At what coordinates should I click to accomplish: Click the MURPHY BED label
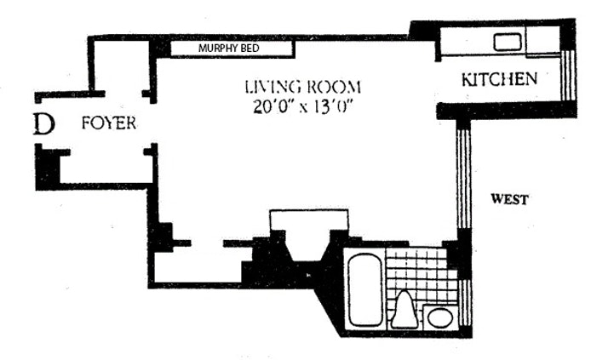click(229, 49)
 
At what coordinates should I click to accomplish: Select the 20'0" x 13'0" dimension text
click(303, 107)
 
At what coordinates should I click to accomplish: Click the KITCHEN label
click(499, 79)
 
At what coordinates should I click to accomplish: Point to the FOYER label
click(109, 123)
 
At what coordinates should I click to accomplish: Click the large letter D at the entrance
click(43, 124)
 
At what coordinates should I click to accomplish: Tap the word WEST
click(509, 199)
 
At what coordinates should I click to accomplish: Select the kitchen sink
click(508, 42)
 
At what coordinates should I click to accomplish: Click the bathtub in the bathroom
click(364, 289)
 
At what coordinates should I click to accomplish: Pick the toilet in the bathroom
click(405, 310)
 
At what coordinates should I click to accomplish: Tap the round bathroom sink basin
click(440, 317)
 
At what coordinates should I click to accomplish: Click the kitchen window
click(568, 75)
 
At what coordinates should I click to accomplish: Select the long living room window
click(463, 174)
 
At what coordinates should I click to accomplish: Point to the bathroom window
click(465, 304)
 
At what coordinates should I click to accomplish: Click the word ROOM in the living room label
click(334, 87)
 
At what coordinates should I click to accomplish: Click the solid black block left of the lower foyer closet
click(48, 169)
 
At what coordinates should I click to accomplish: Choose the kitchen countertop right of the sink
click(542, 41)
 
